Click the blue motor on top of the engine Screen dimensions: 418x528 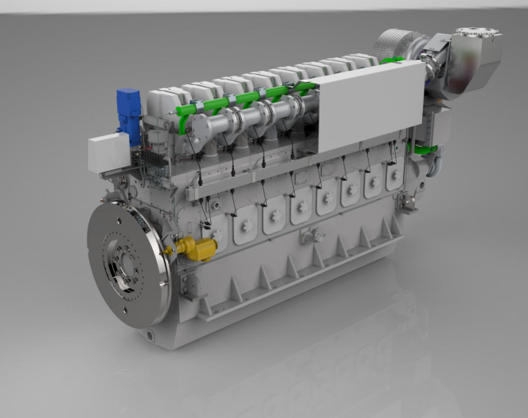click(x=128, y=107)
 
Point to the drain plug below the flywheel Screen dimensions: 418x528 click(x=149, y=335)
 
